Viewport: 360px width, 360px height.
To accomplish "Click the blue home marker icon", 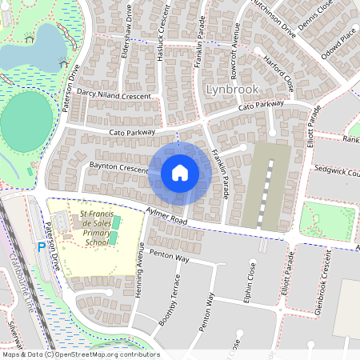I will pyautogui.click(x=180, y=172).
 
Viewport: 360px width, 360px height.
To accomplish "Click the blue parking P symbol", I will pyautogui.click(x=41, y=248).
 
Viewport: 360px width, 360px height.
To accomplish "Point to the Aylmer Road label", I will pyautogui.click(x=166, y=214).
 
